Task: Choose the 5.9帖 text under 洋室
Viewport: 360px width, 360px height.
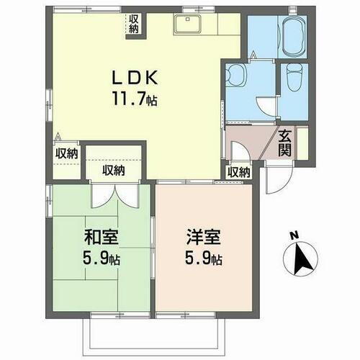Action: (202, 258)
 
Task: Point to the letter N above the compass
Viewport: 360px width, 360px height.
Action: (294, 235)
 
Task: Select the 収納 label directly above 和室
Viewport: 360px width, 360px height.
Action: (113, 170)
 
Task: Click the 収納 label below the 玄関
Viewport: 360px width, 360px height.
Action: (239, 172)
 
